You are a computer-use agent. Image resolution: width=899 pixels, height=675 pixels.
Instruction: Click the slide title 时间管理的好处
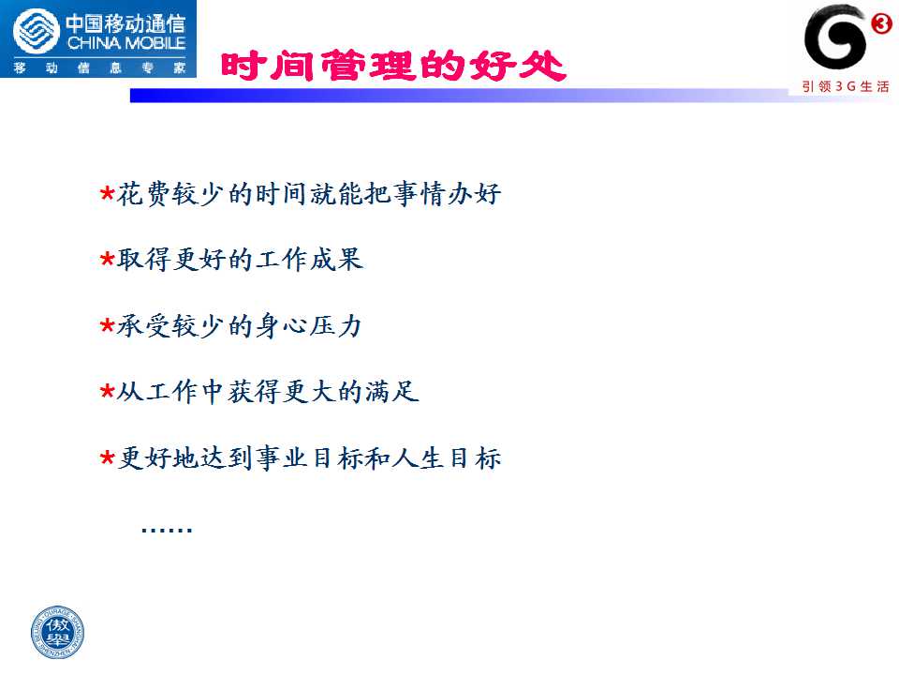click(x=393, y=66)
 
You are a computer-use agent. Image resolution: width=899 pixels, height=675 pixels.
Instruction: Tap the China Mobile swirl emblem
click(x=37, y=32)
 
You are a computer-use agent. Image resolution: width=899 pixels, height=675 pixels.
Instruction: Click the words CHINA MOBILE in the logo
click(x=126, y=43)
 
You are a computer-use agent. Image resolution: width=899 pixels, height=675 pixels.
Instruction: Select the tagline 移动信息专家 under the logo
click(x=100, y=67)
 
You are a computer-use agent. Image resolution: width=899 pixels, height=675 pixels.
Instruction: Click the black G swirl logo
click(x=834, y=37)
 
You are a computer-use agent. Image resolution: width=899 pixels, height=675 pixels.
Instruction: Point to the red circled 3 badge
click(x=881, y=23)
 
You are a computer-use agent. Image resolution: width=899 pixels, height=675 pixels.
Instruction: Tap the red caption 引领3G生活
click(x=846, y=86)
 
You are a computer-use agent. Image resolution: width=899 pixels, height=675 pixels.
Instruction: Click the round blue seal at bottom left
click(x=57, y=632)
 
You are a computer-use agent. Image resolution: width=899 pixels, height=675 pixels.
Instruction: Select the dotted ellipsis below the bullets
click(x=167, y=530)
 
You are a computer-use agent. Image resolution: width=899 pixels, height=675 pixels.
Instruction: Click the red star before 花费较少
click(x=107, y=193)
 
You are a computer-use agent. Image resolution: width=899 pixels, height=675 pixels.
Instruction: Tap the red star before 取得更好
click(x=107, y=259)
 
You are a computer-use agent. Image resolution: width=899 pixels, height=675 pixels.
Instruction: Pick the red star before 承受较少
click(x=107, y=325)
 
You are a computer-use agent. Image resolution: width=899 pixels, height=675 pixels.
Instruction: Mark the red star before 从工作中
click(x=107, y=392)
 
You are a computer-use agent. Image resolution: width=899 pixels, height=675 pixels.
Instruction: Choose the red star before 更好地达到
click(x=107, y=458)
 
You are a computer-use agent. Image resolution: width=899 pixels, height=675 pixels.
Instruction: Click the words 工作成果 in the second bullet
click(x=309, y=260)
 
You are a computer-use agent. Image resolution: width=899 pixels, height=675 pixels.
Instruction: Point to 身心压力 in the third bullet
click(x=309, y=326)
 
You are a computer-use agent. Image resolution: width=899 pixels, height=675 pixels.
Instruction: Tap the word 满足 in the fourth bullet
click(x=392, y=392)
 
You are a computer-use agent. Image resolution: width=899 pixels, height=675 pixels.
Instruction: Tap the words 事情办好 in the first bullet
click(x=448, y=193)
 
